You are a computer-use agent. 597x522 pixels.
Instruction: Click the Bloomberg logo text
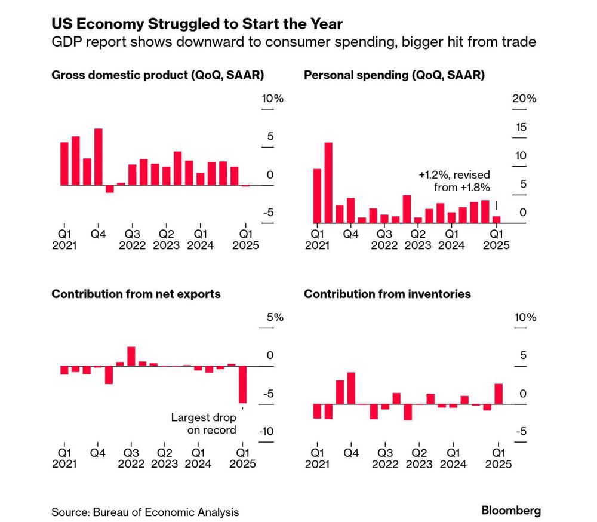click(511, 511)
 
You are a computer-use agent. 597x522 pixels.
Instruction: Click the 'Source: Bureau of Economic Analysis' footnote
click(145, 512)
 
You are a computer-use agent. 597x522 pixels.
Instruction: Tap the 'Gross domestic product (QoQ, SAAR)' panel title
click(158, 75)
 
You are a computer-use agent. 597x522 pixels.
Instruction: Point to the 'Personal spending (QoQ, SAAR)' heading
click(394, 75)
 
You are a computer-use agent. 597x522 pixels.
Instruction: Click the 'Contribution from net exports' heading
click(136, 294)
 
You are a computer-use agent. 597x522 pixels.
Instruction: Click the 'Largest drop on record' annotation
click(204, 423)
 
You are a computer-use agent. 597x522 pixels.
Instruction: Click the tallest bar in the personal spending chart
click(328, 182)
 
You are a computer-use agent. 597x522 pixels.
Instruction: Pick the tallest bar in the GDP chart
click(99, 157)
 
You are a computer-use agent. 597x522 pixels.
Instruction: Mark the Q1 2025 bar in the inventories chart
click(498, 394)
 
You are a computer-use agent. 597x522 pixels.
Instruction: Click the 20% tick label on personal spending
click(525, 99)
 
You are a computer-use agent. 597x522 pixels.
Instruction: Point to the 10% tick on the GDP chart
click(272, 99)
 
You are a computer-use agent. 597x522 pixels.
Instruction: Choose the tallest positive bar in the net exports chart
click(131, 357)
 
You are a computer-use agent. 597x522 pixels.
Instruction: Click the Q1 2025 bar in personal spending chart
click(496, 220)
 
